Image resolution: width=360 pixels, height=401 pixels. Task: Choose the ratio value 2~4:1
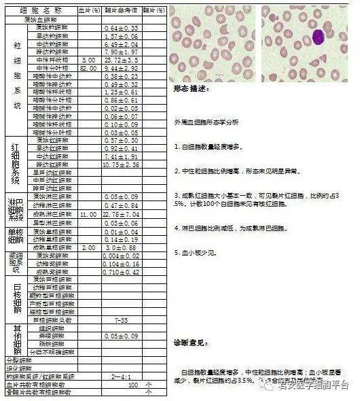click(122, 375)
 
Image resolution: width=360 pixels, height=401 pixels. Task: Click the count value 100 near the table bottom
click(133, 384)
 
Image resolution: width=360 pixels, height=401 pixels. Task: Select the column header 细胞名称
click(40, 11)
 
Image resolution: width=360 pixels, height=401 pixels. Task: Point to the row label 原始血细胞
click(40, 20)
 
